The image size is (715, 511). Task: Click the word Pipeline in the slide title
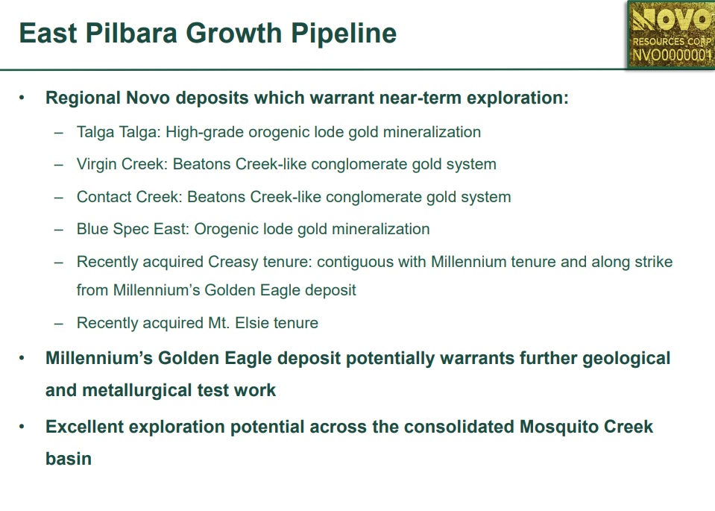[x=344, y=34]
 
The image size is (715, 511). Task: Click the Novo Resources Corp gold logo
[x=671, y=34]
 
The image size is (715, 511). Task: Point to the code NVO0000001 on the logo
[x=672, y=55]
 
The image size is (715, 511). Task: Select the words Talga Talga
[x=119, y=132]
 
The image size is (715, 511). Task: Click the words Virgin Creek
[x=122, y=164]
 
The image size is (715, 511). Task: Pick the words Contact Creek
[x=130, y=197]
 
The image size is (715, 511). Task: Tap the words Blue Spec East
[x=133, y=229]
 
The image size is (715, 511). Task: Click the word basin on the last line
[x=69, y=459]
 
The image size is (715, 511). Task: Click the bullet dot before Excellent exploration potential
[x=22, y=427]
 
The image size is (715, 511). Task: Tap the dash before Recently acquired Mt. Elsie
[x=58, y=324]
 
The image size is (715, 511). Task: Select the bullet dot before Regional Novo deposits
[x=22, y=98]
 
